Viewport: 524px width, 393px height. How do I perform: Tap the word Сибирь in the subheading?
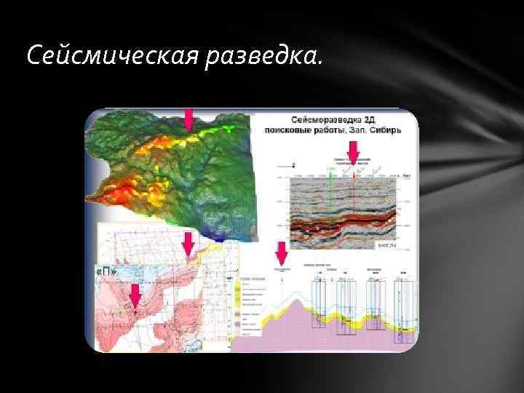pos(397,127)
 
